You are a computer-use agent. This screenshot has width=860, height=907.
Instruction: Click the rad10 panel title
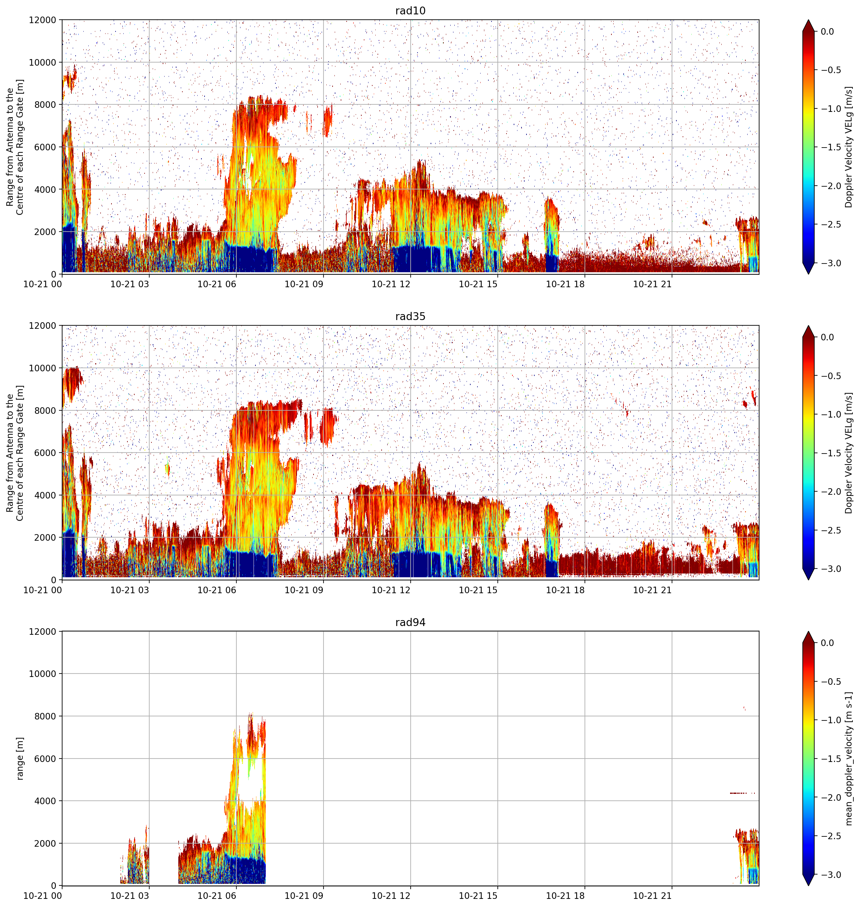pyautogui.click(x=410, y=11)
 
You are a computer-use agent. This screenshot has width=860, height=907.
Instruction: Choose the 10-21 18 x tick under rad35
pyautogui.click(x=565, y=590)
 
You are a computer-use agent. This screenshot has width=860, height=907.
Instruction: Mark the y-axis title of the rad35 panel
pyautogui.click(x=15, y=453)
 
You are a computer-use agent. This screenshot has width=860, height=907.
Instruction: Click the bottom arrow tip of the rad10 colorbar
pyautogui.click(x=808, y=274)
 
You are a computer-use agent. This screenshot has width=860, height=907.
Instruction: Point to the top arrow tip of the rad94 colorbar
pyautogui.click(x=808, y=632)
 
